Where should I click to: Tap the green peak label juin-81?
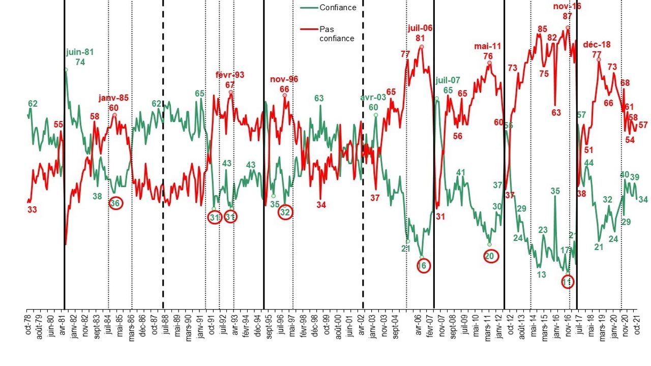click(80, 52)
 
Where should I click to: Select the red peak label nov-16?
click(567, 7)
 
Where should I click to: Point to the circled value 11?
click(568, 281)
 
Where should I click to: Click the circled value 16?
click(422, 265)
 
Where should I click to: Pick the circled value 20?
click(490, 257)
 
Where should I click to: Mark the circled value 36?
click(115, 203)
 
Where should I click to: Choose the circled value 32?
click(285, 212)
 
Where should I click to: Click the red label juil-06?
click(420, 28)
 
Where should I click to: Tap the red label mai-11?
click(488, 46)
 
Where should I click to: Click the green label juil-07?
click(448, 80)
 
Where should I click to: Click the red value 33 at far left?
click(32, 209)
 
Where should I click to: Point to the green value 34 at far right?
click(643, 200)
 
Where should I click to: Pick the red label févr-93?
click(230, 75)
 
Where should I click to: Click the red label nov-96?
click(284, 79)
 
